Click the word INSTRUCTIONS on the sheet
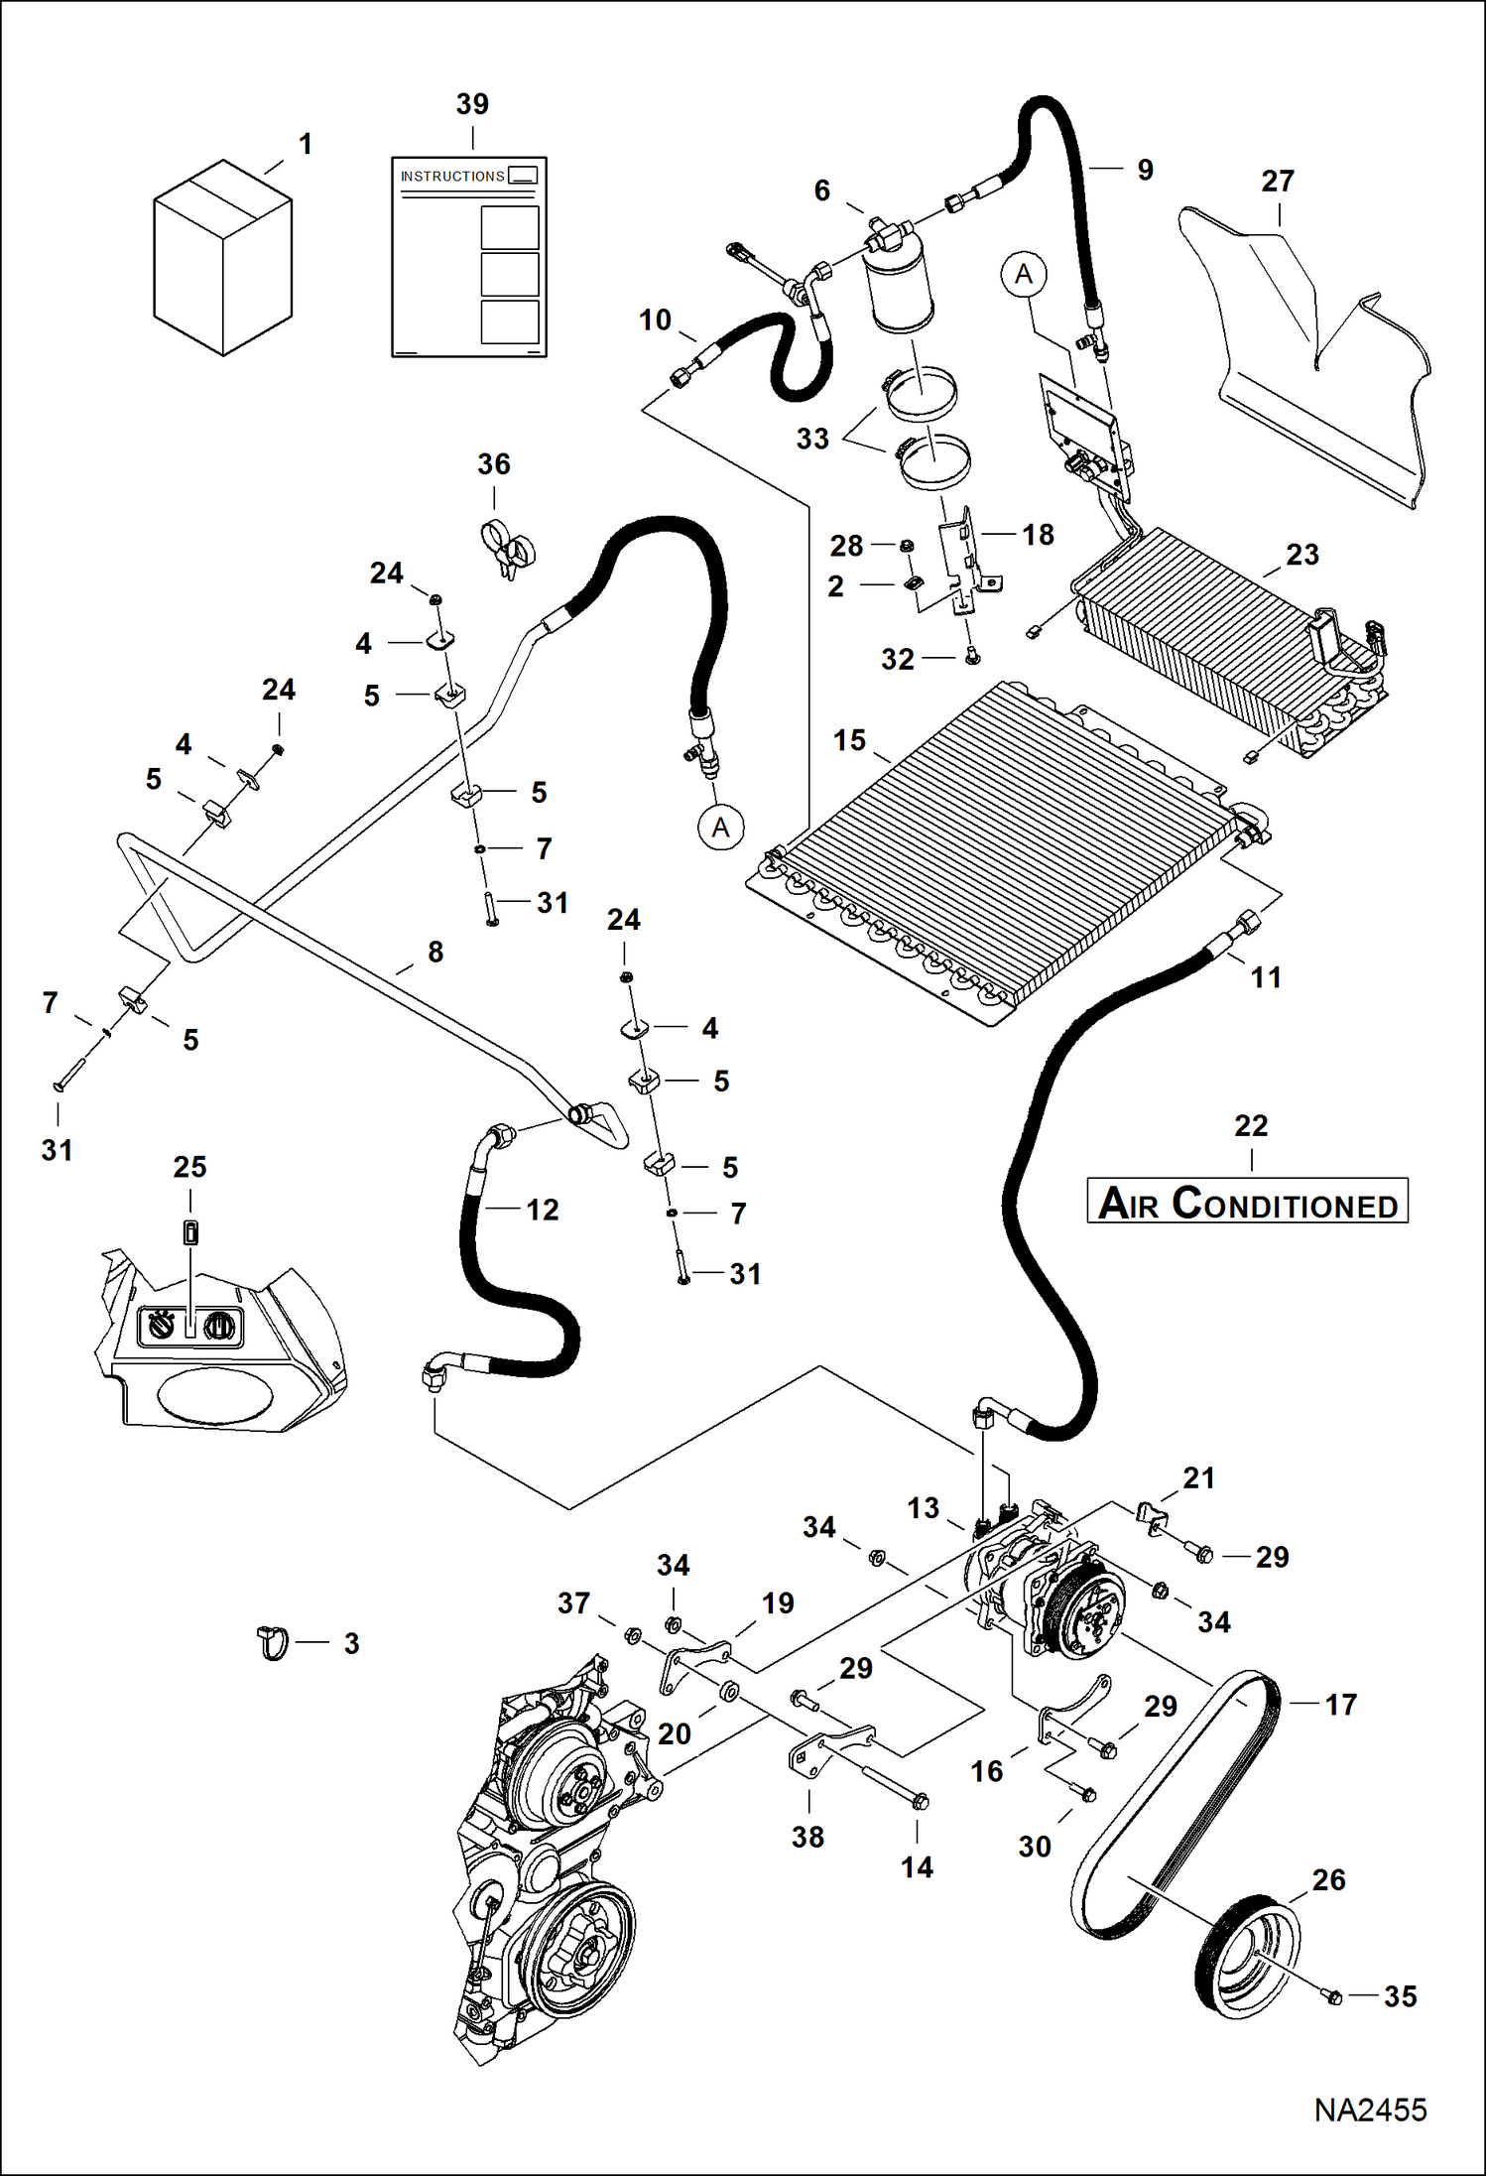452,177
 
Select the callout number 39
472,104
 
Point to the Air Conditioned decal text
1248,1203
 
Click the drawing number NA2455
1370,2110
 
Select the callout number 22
1251,1126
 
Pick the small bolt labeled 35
1334,1995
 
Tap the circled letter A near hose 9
1024,274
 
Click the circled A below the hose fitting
720,828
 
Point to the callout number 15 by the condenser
849,740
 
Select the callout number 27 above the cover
1278,182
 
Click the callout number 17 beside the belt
1340,1705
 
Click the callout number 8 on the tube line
435,953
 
